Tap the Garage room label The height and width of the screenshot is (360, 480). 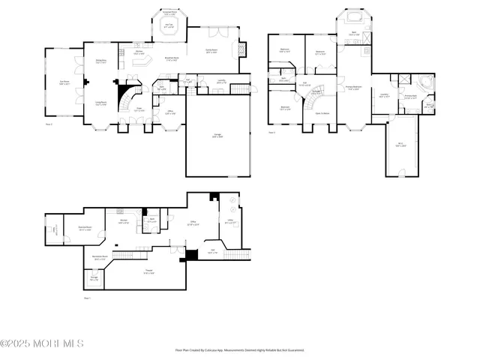point(216,136)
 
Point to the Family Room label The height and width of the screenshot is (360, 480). point(212,51)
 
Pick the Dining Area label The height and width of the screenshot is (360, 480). point(100,61)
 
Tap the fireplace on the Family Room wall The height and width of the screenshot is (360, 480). point(241,50)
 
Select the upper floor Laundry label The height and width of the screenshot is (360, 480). point(384,94)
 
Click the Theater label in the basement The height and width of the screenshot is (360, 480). point(149,273)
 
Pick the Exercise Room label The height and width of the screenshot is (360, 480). point(85,229)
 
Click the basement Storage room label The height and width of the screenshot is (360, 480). point(94,279)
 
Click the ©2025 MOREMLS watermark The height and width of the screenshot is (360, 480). point(42,344)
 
